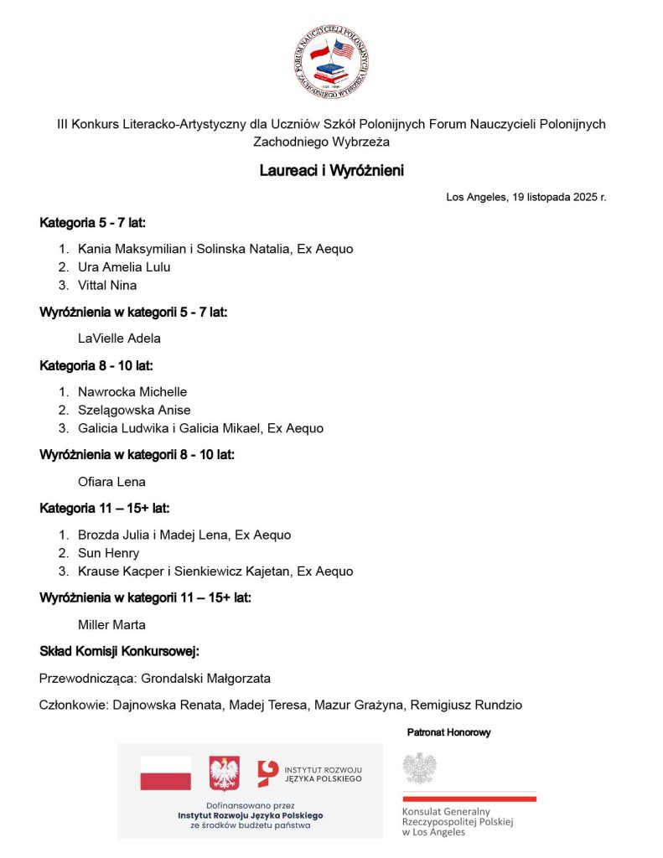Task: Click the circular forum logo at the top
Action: pos(331,62)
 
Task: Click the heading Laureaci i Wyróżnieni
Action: pos(331,170)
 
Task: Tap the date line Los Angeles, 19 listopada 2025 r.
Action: pos(526,198)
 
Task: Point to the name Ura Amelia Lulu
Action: pos(124,267)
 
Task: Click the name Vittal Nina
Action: pos(107,285)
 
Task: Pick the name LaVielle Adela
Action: pos(119,339)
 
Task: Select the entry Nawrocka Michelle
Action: pos(132,392)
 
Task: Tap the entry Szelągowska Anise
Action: pos(134,410)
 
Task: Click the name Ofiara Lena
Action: pos(111,482)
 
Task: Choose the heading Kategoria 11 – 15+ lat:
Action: pos(105,508)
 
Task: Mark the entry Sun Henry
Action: pos(109,553)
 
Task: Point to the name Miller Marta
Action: pos(111,624)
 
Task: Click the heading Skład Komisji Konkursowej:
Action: pos(120,651)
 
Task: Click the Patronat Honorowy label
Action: pos(449,732)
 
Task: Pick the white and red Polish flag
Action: pos(165,773)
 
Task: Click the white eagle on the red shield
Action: pos(224,773)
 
